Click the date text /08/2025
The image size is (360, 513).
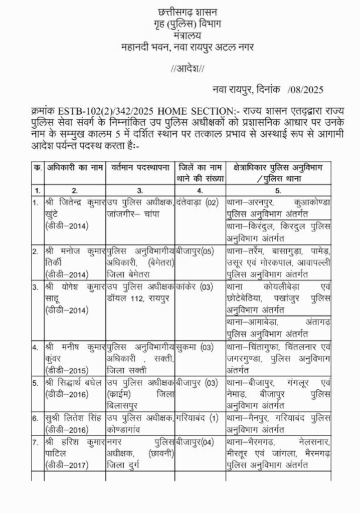coord(307,90)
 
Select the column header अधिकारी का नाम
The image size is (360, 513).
coord(74,166)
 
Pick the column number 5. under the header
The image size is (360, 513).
coord(278,191)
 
